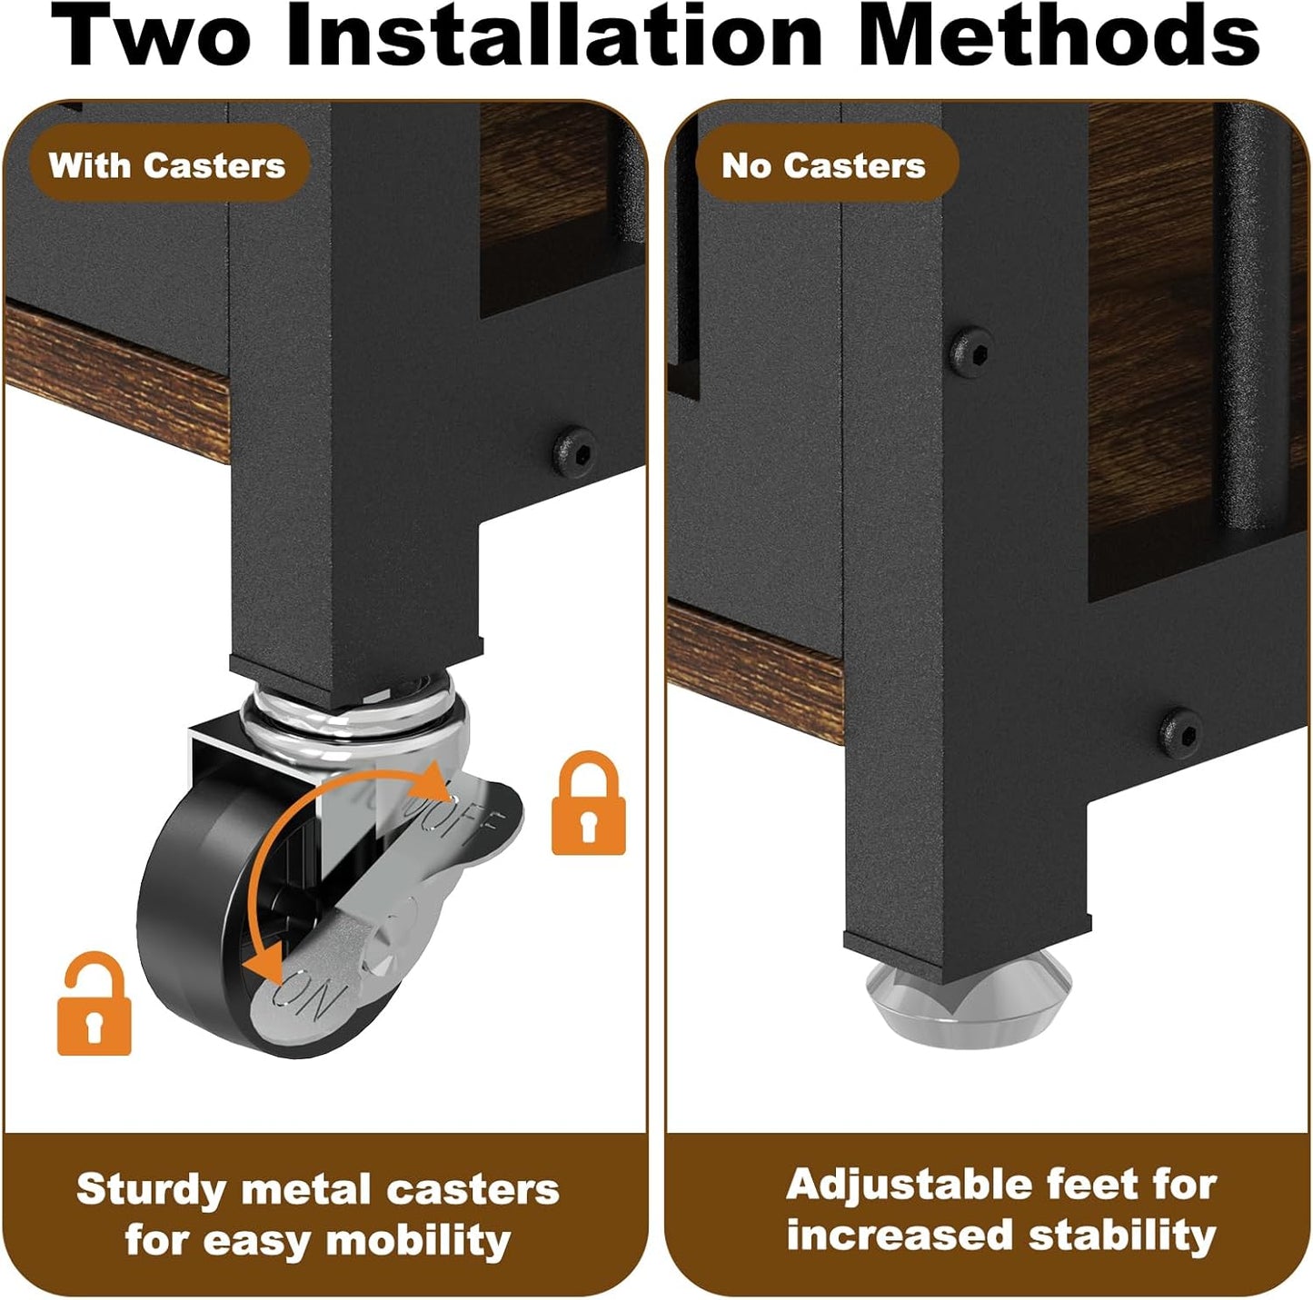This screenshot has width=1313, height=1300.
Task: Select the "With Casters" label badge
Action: [x=167, y=165]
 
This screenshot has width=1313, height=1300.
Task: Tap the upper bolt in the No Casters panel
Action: [x=971, y=351]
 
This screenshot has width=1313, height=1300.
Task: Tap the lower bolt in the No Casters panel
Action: [x=1181, y=732]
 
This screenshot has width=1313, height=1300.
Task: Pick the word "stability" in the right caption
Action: [x=1122, y=1236]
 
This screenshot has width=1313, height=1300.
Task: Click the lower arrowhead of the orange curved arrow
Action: [x=267, y=963]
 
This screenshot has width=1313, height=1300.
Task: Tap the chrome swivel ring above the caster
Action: [x=355, y=712]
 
